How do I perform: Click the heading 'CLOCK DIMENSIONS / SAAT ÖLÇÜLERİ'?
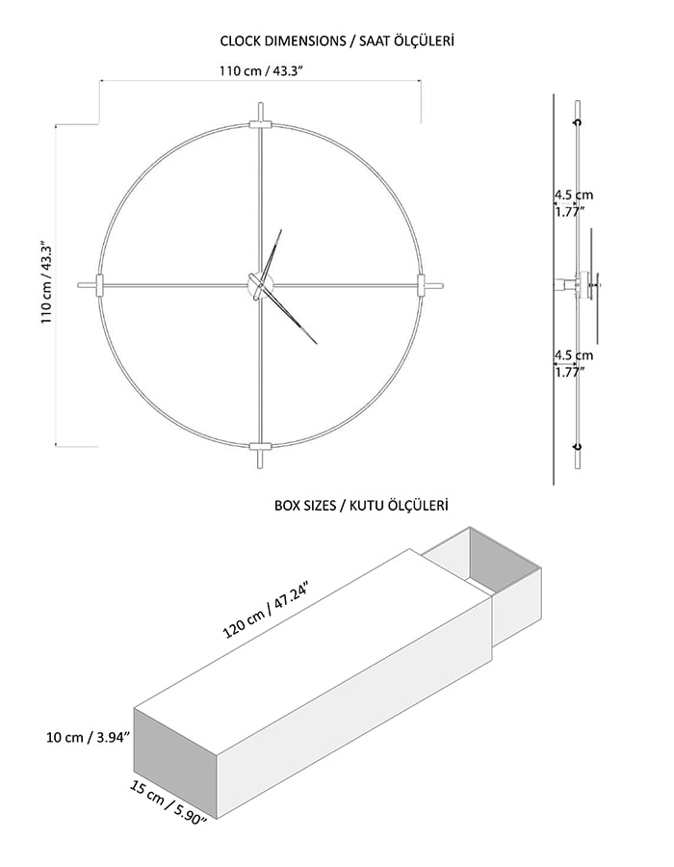point(337,40)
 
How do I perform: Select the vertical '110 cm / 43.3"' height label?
point(46,282)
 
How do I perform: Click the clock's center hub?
point(260,286)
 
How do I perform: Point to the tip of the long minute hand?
point(317,344)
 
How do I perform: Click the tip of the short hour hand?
point(281,229)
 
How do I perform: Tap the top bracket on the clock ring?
point(260,124)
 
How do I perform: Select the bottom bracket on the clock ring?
point(260,447)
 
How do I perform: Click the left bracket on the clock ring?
point(99,285)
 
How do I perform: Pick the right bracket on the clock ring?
point(421,285)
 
